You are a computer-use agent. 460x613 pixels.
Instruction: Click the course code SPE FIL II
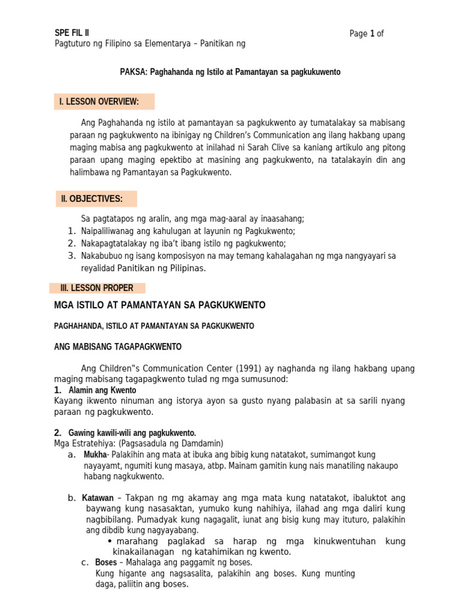click(72, 33)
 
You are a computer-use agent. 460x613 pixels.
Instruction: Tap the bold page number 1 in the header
click(372, 34)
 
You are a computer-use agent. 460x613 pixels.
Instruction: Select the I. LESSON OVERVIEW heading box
click(105, 102)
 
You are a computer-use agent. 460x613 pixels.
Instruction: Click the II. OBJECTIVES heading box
click(96, 199)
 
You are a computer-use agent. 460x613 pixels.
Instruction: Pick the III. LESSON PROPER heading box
click(101, 288)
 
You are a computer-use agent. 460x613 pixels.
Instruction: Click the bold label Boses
click(106, 563)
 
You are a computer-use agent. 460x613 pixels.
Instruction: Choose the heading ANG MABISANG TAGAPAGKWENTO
click(118, 347)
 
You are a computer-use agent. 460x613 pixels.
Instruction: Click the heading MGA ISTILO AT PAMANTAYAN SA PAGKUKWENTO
click(160, 305)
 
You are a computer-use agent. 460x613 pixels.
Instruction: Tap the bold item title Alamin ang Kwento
click(102, 390)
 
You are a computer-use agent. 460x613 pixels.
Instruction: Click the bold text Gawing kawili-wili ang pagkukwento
click(132, 433)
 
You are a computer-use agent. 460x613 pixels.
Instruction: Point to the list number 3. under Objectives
click(71, 256)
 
